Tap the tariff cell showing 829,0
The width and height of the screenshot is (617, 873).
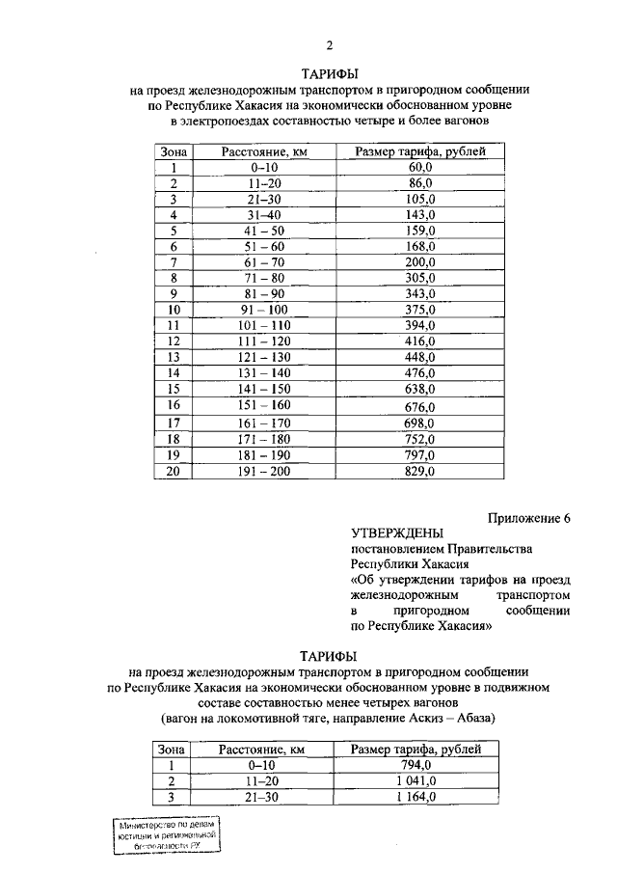point(420,472)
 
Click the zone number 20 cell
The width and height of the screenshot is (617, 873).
point(174,472)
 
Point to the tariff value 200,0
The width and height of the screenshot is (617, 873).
point(420,262)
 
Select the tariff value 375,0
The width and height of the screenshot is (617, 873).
point(420,310)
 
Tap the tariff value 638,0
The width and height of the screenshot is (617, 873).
point(420,390)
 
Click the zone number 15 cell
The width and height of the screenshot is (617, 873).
point(174,390)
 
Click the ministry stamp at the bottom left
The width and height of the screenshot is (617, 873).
point(165,833)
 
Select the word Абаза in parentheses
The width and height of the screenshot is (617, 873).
point(473,720)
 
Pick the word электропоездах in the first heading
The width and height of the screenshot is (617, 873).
point(230,123)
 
